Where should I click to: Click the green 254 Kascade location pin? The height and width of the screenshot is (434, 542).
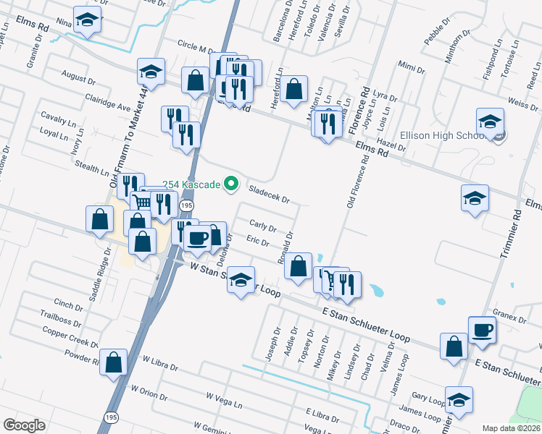pyautogui.click(x=232, y=185)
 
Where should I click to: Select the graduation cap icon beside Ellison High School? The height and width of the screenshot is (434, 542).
pyautogui.click(x=491, y=122)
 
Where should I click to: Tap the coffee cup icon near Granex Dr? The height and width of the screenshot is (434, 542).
pyautogui.click(x=482, y=331)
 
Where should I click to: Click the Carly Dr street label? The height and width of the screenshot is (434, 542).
pyautogui.click(x=262, y=227)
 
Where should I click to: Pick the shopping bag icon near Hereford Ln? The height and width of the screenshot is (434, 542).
pyautogui.click(x=294, y=90)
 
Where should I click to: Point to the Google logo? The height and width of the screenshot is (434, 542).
pyautogui.click(x=24, y=425)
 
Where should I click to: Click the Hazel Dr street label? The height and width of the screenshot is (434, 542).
pyautogui.click(x=392, y=146)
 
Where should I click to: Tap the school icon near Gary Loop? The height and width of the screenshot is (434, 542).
pyautogui.click(x=457, y=400)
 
